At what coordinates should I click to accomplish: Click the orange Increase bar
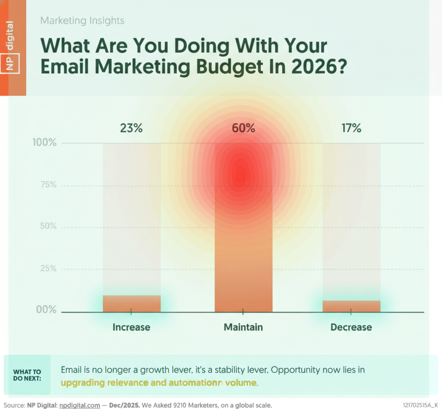(x=131, y=303)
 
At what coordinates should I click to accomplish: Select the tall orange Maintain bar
(x=243, y=234)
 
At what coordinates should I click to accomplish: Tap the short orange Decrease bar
(x=351, y=306)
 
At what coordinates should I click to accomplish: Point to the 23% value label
(x=131, y=128)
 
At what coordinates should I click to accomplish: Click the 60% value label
(x=243, y=128)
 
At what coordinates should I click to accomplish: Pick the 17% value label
(x=351, y=128)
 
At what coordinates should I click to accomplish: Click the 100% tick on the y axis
(x=44, y=143)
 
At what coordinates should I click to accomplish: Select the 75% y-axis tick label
(x=48, y=185)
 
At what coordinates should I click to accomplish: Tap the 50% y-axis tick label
(x=48, y=226)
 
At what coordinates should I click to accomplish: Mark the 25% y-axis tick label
(x=48, y=269)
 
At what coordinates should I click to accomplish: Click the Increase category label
(x=131, y=327)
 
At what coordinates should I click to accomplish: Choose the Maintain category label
(x=243, y=327)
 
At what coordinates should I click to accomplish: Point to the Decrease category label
(x=351, y=327)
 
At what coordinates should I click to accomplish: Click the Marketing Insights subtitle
(x=82, y=20)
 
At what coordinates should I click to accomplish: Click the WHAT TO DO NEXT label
(x=27, y=375)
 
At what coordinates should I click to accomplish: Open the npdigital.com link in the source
(x=80, y=405)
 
